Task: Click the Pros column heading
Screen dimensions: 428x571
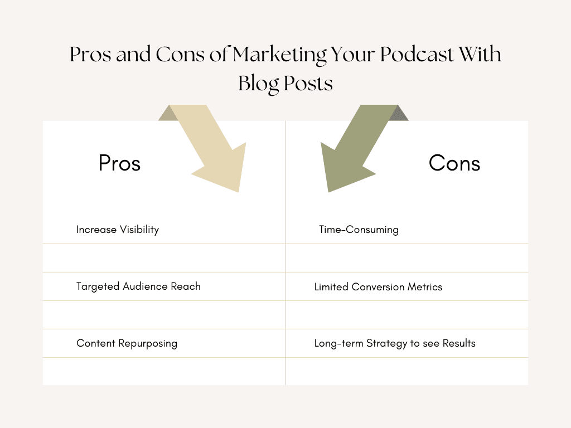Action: [119, 163]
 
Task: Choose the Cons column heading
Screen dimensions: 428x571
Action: [454, 163]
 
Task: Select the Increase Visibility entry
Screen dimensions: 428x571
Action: [118, 230]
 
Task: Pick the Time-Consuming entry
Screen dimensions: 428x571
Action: [359, 230]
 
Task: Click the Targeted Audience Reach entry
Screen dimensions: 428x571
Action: [138, 286]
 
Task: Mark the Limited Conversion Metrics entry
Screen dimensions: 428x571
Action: [378, 287]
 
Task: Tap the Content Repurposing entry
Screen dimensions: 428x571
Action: [127, 343]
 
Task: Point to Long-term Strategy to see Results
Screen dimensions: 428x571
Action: [395, 343]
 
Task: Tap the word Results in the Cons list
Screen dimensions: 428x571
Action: [459, 343]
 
